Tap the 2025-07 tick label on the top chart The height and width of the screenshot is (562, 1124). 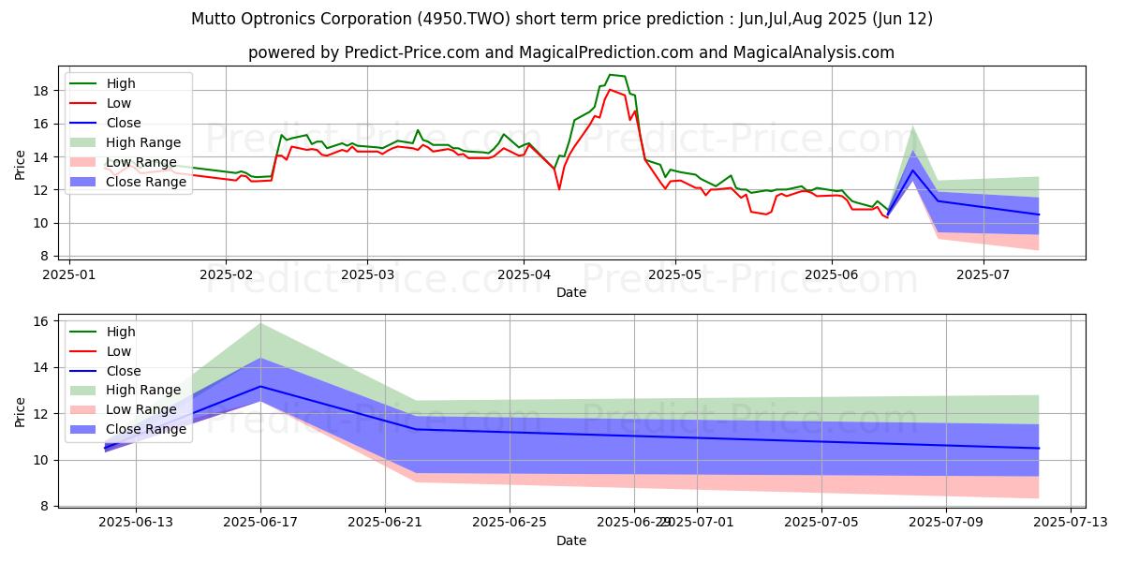point(983,274)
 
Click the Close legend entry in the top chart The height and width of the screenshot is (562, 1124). point(124,123)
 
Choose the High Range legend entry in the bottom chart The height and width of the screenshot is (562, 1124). point(143,391)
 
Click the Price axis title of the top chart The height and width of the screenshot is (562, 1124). point(21,163)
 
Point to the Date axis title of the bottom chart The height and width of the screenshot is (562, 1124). point(571,540)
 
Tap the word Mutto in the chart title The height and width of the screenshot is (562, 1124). point(214,19)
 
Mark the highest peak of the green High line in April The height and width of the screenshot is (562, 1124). point(610,75)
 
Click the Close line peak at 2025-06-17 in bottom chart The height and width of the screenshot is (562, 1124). point(260,386)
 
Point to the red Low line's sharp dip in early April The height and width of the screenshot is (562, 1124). point(559,189)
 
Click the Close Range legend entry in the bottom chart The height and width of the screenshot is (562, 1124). point(143,430)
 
